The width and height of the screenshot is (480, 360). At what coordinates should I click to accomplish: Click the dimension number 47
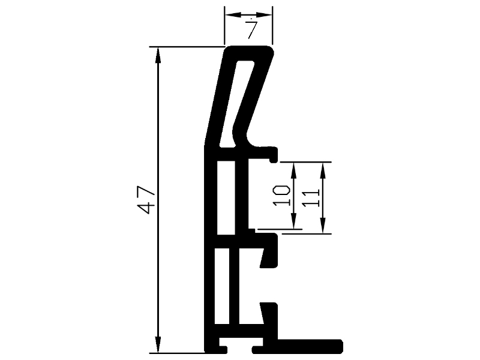[x=146, y=200]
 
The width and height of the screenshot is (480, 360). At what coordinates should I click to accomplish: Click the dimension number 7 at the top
[x=251, y=29]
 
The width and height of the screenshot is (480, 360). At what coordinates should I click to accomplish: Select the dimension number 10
[x=281, y=196]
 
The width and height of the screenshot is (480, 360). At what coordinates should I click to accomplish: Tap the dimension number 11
[x=311, y=198]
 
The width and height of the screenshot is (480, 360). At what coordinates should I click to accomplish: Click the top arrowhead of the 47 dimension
[x=158, y=55]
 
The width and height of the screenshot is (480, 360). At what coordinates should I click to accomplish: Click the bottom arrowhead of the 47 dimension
[x=158, y=344]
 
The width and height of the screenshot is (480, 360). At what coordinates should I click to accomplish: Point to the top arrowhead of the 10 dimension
[x=293, y=170]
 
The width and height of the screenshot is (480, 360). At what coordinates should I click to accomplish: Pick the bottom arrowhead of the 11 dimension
[x=323, y=226]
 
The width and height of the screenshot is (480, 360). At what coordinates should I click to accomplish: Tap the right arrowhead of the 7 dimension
[x=264, y=14]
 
